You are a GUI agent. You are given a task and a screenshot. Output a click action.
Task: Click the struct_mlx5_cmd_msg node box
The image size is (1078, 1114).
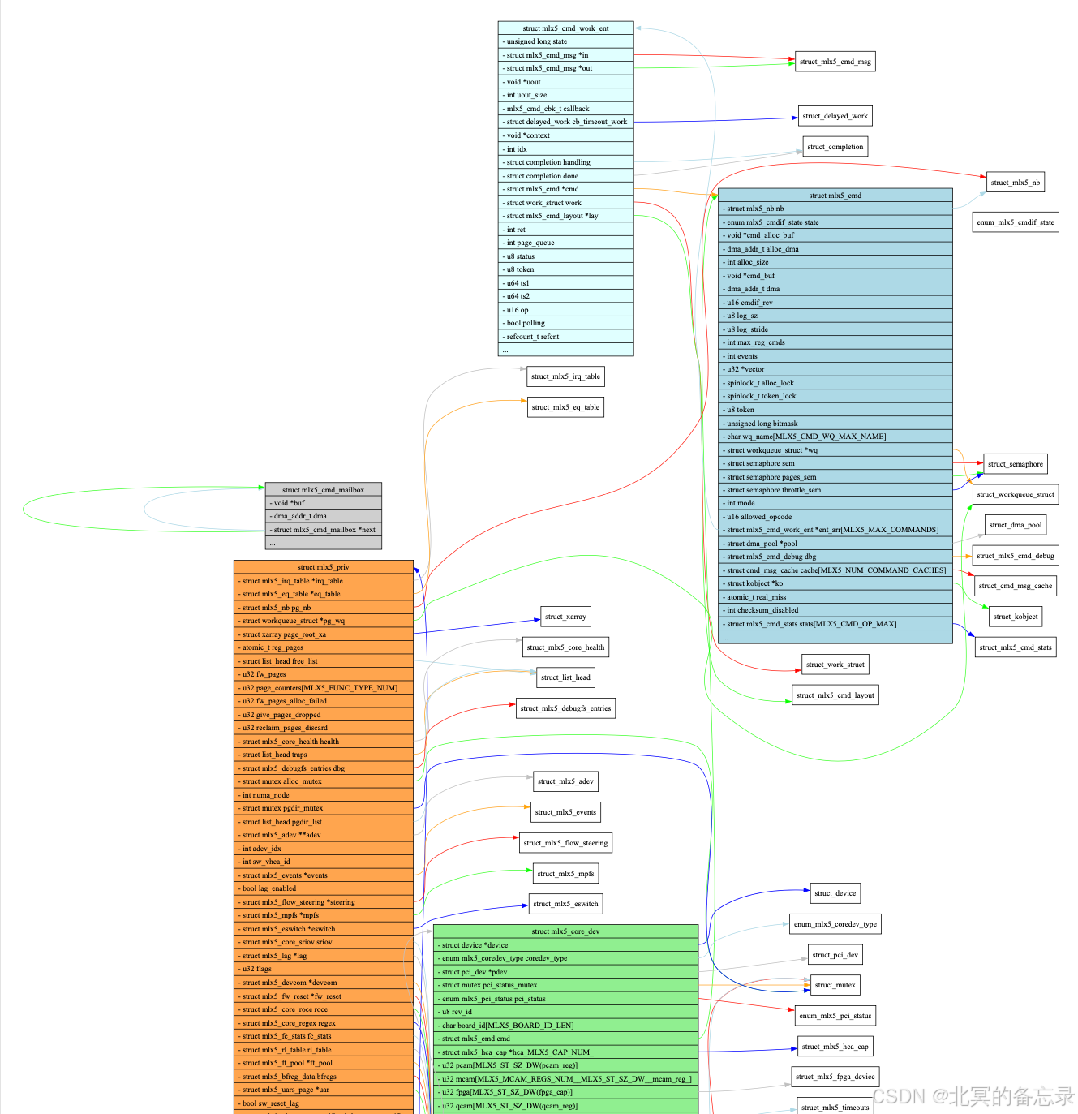click(x=835, y=62)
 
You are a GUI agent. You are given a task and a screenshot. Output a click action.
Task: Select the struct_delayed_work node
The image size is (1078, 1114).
click(x=835, y=116)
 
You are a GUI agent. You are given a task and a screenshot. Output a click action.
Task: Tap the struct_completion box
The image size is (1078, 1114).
click(x=835, y=147)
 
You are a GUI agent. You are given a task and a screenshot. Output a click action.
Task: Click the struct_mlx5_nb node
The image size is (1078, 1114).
click(x=1015, y=183)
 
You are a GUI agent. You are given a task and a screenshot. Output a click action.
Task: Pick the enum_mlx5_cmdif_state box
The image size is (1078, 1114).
click(x=1015, y=222)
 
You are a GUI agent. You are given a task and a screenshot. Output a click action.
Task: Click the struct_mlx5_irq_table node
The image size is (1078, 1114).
click(x=565, y=376)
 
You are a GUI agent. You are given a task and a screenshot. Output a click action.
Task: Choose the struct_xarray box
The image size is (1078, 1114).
click(x=565, y=617)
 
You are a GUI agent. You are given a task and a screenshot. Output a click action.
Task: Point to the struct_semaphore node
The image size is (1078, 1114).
click(x=1015, y=464)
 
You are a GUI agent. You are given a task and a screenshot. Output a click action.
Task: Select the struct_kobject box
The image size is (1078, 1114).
click(x=1015, y=617)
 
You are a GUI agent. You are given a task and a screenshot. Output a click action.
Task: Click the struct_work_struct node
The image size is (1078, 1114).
click(x=835, y=665)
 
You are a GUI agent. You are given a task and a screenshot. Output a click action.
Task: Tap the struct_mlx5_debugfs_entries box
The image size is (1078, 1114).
click(x=565, y=708)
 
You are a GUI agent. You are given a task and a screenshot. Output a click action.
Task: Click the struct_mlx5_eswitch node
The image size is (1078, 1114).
click(x=565, y=904)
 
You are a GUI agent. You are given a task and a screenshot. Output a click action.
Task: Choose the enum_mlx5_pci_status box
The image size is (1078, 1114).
click(x=835, y=1016)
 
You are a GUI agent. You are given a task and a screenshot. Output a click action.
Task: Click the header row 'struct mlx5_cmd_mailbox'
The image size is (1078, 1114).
click(x=323, y=490)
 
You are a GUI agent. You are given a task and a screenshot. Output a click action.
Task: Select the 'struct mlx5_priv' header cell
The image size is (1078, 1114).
click(x=323, y=567)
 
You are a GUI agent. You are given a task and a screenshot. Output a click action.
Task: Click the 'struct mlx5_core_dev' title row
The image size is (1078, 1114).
click(x=565, y=931)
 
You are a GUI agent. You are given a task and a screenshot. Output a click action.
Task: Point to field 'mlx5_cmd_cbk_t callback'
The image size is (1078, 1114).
click(x=565, y=109)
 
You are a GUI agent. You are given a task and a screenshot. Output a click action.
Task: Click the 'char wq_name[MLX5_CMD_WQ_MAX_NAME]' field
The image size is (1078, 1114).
click(x=835, y=437)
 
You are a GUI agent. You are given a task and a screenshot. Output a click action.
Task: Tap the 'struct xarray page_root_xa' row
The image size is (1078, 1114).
click(x=323, y=634)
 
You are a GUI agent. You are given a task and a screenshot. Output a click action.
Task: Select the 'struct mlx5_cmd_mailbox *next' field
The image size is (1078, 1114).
click(x=323, y=530)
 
